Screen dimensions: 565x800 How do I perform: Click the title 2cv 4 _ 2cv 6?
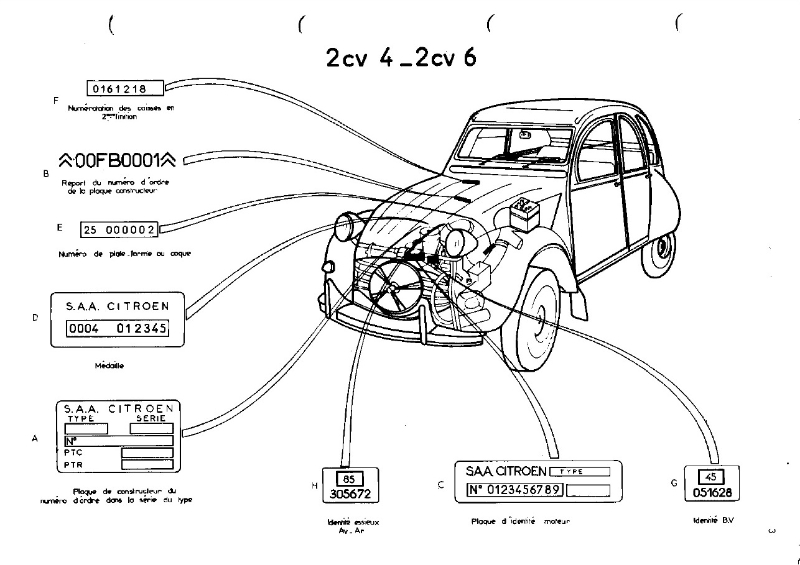[x=400, y=57]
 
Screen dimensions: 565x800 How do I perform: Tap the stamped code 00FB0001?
[x=119, y=159]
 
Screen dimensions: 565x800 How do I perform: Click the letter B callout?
[x=47, y=173]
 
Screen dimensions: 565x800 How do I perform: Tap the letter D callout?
[x=35, y=319]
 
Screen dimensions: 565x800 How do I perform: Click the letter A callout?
[x=35, y=438]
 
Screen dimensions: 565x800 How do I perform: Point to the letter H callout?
[x=314, y=486]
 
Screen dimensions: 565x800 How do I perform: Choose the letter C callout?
[x=441, y=484]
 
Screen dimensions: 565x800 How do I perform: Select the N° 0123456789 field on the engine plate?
[x=515, y=489]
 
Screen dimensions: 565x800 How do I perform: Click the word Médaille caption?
[x=110, y=366]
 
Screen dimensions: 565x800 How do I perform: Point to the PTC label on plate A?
[x=72, y=452]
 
